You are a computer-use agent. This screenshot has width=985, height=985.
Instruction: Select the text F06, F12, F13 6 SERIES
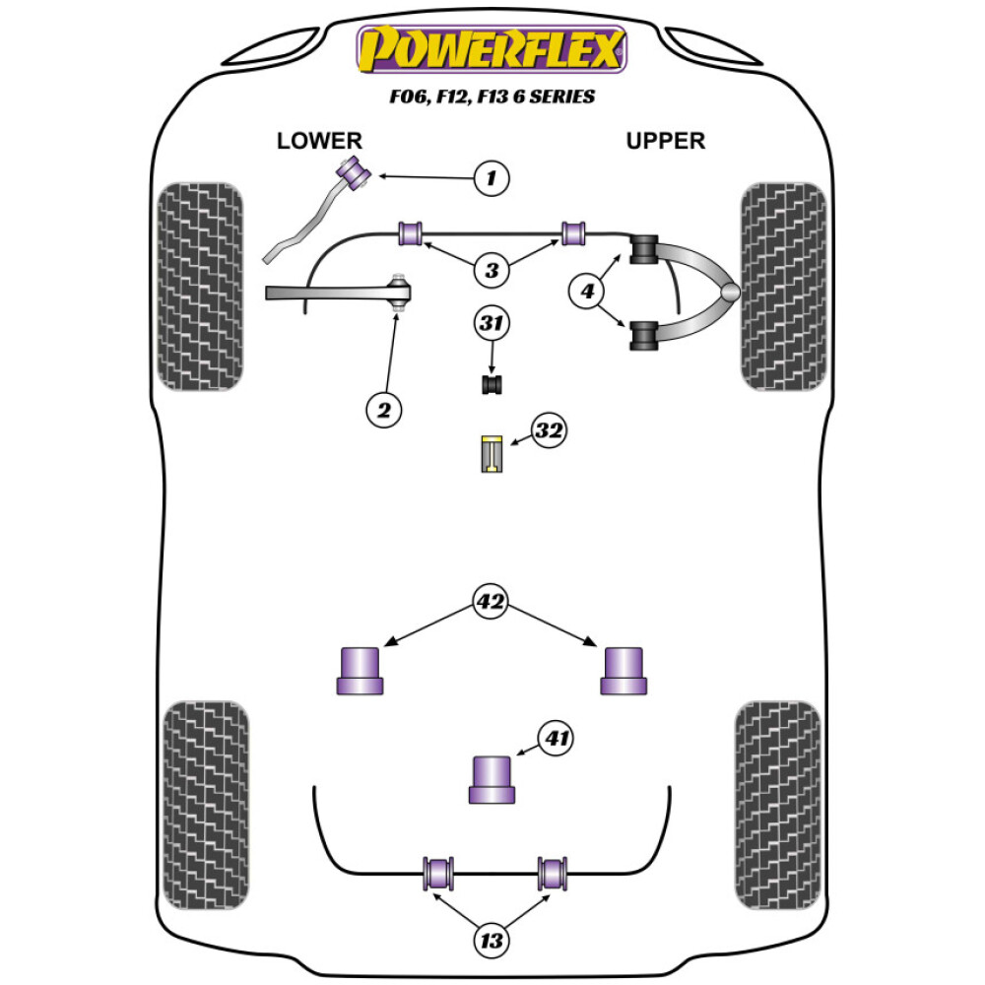point(492,98)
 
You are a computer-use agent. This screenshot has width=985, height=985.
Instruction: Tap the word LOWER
point(319,141)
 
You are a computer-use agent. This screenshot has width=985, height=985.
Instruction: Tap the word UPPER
point(666,141)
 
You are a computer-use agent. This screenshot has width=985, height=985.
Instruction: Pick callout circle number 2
point(384,408)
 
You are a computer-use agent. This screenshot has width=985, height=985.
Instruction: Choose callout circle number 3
point(491,269)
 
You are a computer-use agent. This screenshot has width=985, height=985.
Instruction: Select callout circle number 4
point(588,292)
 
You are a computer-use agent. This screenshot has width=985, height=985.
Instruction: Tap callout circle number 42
point(491,600)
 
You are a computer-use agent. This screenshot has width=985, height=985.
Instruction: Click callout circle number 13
point(491,941)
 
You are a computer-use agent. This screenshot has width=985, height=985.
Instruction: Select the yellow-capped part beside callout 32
point(492,453)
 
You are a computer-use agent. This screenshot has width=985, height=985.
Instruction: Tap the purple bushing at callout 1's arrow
point(353,171)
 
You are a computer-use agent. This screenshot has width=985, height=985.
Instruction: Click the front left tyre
point(201,286)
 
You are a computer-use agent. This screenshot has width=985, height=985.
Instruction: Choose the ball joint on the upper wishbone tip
point(728,293)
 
